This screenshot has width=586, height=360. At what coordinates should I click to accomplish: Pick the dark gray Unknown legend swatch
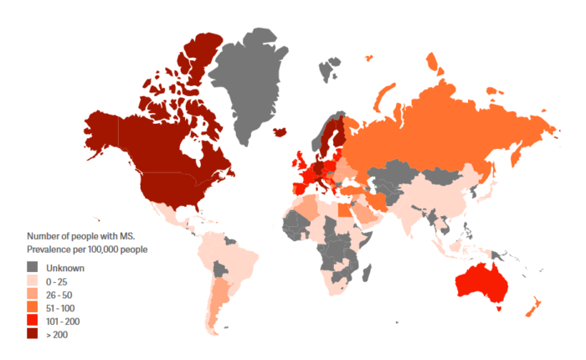[33, 268]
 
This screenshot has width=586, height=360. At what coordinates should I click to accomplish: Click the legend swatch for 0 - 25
[33, 281]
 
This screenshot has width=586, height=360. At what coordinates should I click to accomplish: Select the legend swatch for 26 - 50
[33, 295]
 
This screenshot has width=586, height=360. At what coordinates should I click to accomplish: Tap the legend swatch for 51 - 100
[33, 308]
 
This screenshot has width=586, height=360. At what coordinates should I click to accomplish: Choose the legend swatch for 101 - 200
[33, 321]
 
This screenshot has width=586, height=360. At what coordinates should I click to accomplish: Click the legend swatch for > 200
[33, 335]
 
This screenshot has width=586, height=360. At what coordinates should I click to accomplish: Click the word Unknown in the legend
[64, 268]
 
